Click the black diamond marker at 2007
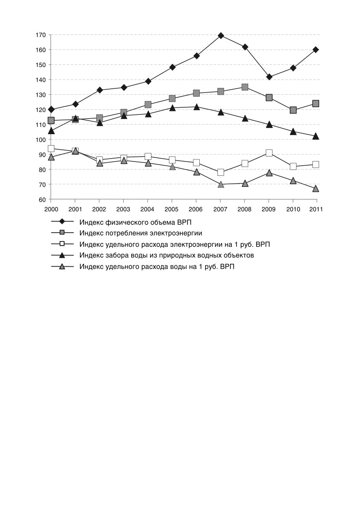[221, 35]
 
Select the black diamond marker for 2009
[269, 77]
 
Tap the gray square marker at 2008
[245, 87]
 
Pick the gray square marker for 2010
[293, 110]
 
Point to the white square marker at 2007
[221, 172]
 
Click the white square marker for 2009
[269, 153]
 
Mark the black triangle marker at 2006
[197, 107]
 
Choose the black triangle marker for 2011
[316, 136]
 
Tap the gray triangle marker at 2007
[221, 184]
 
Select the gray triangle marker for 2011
[316, 188]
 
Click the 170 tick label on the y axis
[41, 35]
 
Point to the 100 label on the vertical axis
[41, 140]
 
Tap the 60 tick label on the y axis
[42, 200]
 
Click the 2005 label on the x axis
[171, 209]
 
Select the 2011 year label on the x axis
[316, 209]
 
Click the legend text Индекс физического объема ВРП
[135, 222]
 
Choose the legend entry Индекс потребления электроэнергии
[141, 233]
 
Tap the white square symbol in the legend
[62, 244]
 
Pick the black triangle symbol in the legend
[62, 255]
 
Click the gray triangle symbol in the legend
[62, 267]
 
